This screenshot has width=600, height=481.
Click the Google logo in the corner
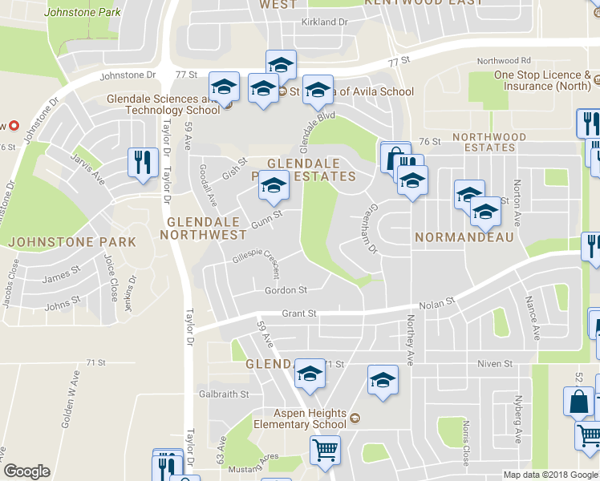[x=26, y=471]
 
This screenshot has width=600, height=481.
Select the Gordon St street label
[x=286, y=290]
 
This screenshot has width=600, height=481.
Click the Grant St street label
[x=298, y=313]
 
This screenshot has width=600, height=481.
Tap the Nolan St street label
[x=437, y=303]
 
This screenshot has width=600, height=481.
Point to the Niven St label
[x=494, y=363]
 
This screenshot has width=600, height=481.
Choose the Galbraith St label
[x=224, y=394]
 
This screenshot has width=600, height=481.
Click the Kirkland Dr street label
[x=324, y=22]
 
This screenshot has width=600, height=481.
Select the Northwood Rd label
[x=504, y=61]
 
